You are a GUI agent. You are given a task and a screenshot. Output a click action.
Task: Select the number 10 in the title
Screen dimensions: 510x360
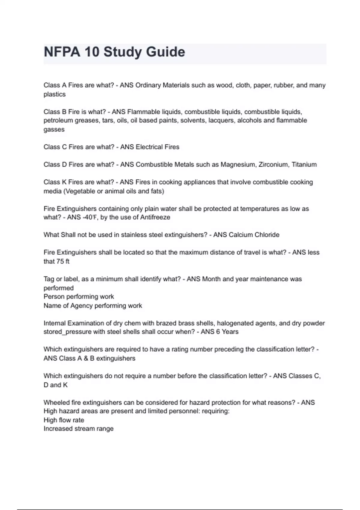pyautogui.click(x=91, y=52)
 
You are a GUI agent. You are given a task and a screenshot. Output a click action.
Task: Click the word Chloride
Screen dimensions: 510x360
pyautogui.click(x=267, y=235)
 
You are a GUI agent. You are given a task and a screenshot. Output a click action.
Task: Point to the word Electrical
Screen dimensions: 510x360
pyautogui.click(x=150, y=147)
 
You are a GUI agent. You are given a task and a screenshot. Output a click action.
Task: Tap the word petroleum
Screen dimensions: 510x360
pyautogui.click(x=58, y=121)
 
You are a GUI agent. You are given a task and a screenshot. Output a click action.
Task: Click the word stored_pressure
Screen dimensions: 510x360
pyautogui.click(x=65, y=332)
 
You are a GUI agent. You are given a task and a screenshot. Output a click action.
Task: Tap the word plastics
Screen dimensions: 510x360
pyautogui.click(x=55, y=94)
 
